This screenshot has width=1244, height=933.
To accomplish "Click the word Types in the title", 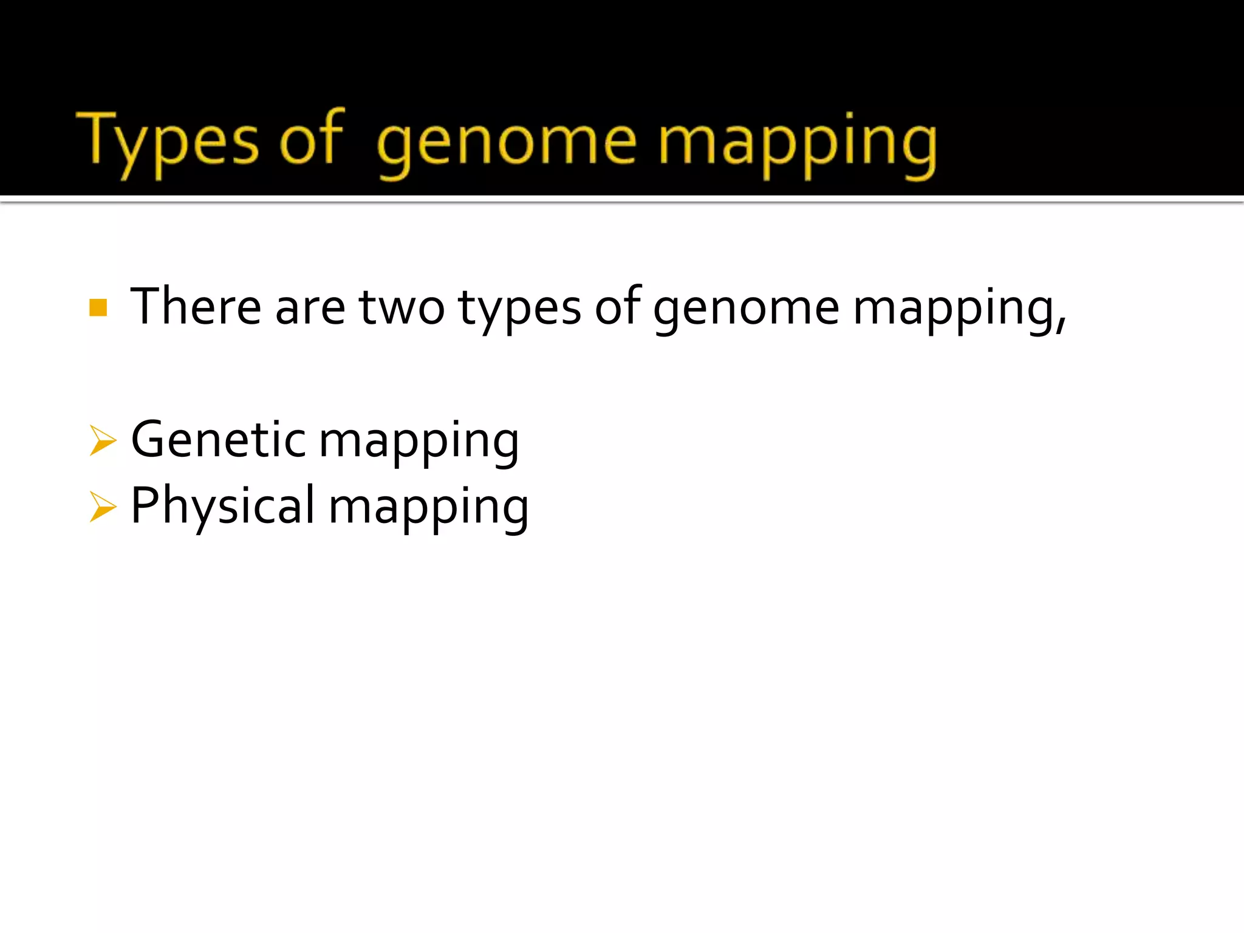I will (x=168, y=142).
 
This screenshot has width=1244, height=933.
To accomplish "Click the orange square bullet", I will (x=98, y=308).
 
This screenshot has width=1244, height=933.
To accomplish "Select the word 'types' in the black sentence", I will (x=519, y=310).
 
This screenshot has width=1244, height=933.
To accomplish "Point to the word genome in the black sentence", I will (x=747, y=310).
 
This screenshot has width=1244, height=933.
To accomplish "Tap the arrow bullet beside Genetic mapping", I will (x=102, y=440).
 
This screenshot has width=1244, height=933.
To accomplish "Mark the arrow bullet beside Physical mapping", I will (x=102, y=507).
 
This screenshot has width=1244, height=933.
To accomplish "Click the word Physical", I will (x=223, y=507).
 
